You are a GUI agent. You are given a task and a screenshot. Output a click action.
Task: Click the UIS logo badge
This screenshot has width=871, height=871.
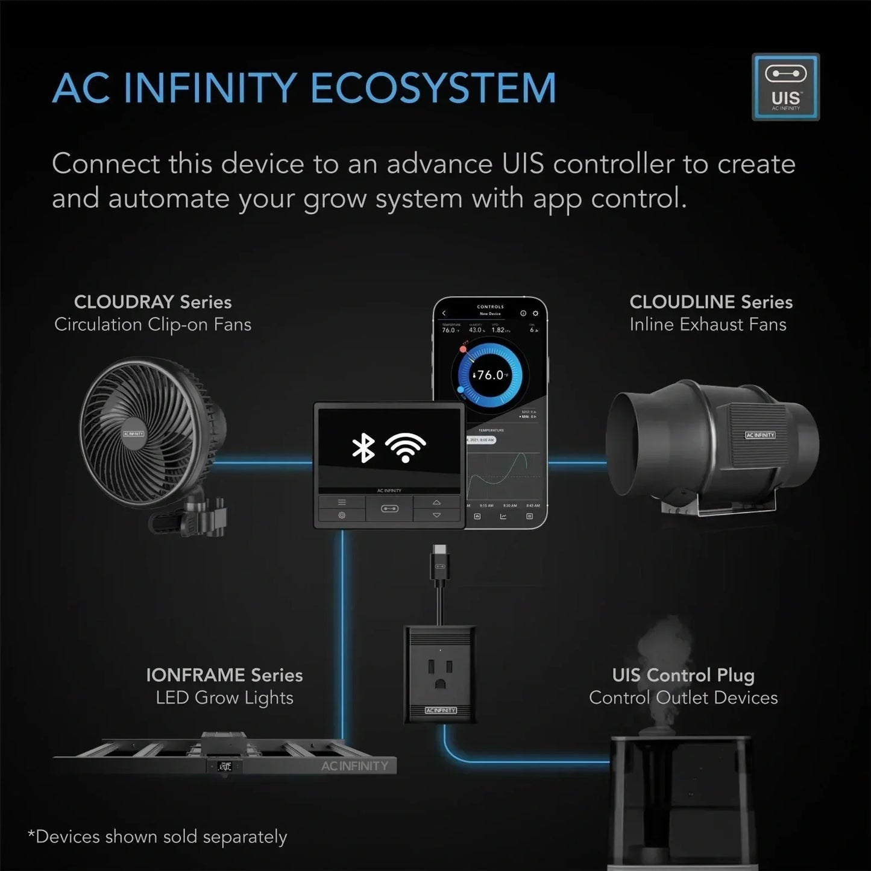785,87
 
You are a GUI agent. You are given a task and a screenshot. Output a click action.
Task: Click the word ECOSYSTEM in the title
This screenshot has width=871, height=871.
433,89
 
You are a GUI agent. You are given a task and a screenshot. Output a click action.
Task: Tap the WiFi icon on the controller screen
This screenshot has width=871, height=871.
405,447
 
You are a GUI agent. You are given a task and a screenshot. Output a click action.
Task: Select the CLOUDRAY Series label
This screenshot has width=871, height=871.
153,302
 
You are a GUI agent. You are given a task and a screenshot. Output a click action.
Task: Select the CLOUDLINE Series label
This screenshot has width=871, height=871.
711,302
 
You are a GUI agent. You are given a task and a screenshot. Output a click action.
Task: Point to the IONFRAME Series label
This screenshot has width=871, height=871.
224,675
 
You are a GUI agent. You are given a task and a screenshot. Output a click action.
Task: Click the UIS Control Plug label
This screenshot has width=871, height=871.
683,675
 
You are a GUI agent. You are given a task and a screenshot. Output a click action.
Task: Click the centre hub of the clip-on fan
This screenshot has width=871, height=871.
134,433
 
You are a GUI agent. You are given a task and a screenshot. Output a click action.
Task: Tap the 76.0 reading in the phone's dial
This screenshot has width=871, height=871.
490,375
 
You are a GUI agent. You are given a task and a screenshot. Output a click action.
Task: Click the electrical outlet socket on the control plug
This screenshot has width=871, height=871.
441,673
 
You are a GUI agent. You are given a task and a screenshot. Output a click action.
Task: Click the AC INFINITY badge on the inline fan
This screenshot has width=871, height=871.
760,435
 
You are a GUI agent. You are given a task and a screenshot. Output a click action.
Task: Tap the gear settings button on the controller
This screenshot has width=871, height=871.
342,515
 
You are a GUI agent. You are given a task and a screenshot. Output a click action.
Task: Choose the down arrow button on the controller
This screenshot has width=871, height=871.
437,515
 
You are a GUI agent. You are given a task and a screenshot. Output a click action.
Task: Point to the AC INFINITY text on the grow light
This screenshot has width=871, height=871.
354,766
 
